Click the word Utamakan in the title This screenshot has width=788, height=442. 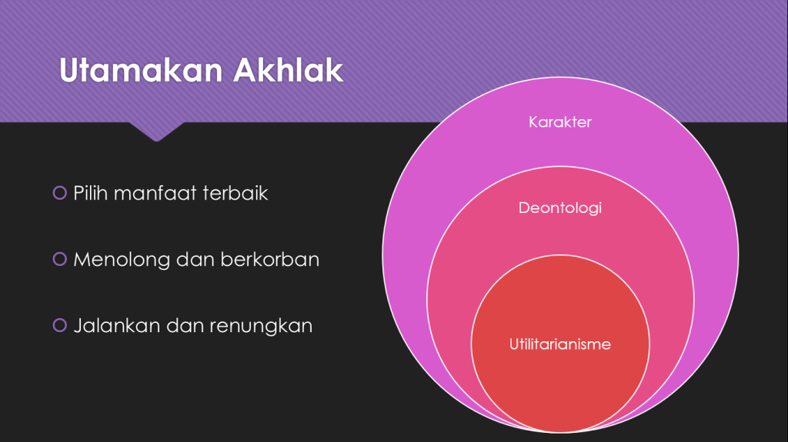(x=141, y=70)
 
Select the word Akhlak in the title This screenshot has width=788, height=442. (x=288, y=70)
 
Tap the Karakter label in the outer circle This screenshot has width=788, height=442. (x=560, y=122)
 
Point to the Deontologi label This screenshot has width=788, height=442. (x=560, y=208)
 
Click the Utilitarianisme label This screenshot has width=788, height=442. (x=560, y=344)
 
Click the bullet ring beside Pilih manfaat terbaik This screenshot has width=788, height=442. (x=60, y=193)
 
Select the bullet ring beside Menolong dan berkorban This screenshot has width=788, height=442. (x=60, y=259)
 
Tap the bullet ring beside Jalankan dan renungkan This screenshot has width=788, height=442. (x=60, y=325)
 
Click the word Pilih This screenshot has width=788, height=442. (x=91, y=193)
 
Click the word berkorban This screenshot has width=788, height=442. (x=270, y=259)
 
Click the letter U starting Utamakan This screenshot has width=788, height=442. (x=70, y=70)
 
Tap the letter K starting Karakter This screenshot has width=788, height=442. (x=533, y=122)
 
